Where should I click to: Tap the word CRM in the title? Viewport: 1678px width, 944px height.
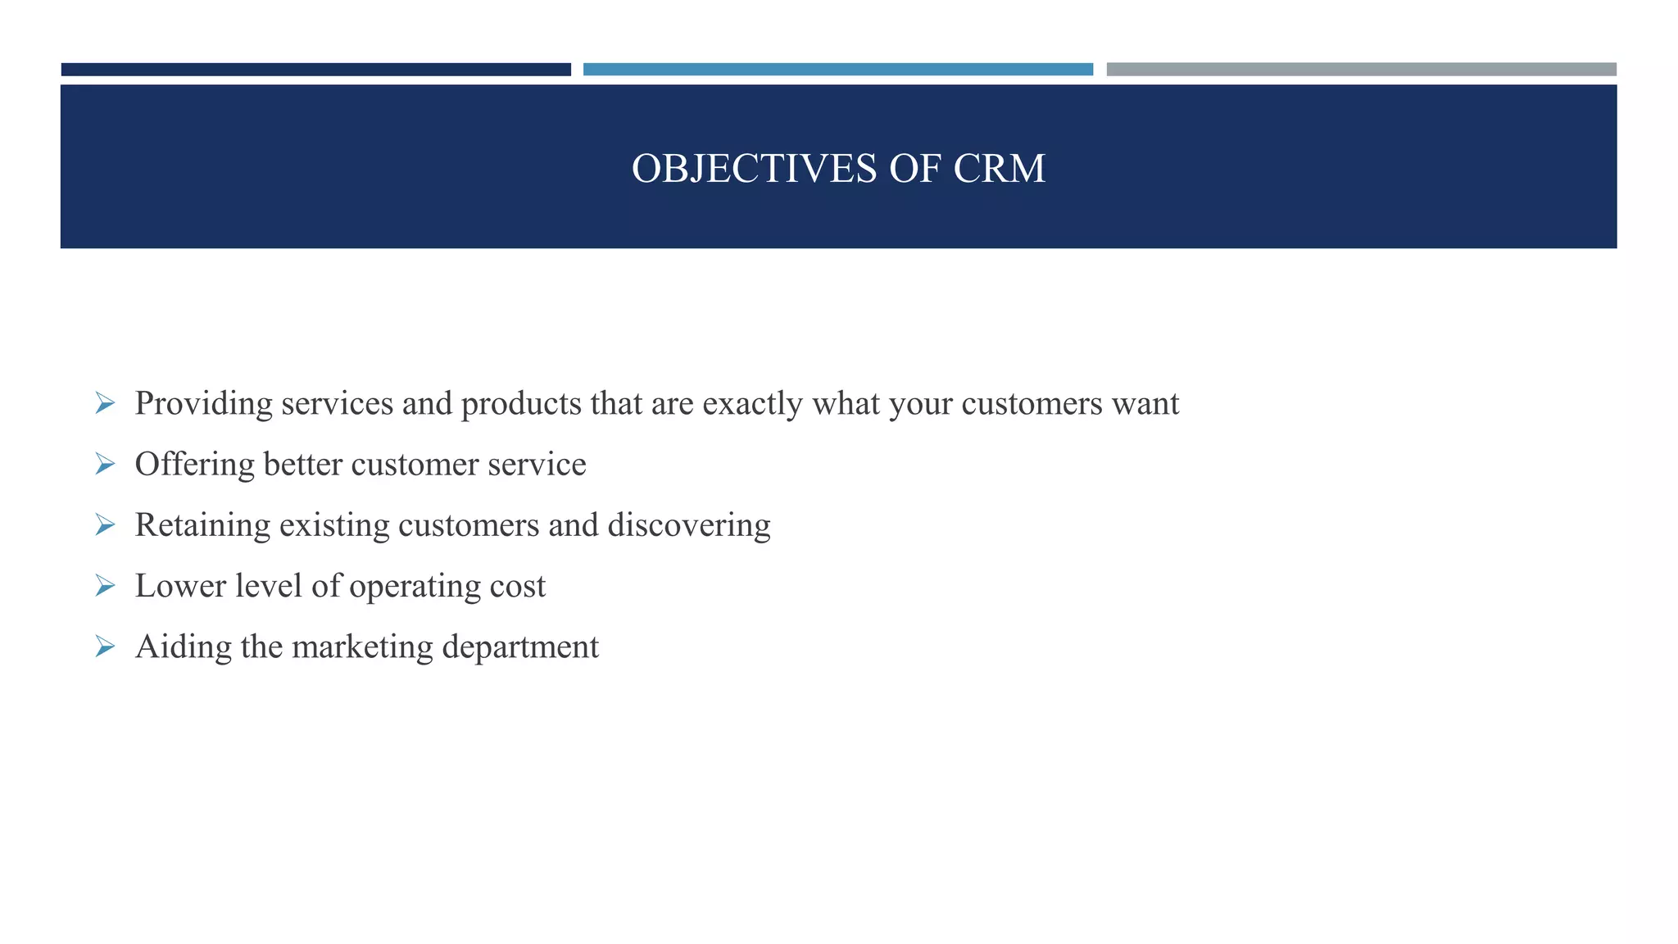pyautogui.click(x=999, y=169)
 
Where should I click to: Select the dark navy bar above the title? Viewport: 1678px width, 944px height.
pyautogui.click(x=315, y=70)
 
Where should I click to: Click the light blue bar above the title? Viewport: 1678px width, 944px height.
pyautogui.click(x=837, y=70)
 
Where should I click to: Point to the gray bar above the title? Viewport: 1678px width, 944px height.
pyautogui.click(x=1361, y=70)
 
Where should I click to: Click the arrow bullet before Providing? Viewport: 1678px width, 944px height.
pyautogui.click(x=105, y=403)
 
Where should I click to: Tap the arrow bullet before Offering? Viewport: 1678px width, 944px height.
pyautogui.click(x=105, y=464)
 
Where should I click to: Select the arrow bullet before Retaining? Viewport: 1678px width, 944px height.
pyautogui.click(x=105, y=524)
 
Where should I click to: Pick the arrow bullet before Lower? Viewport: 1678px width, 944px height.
pyautogui.click(x=105, y=586)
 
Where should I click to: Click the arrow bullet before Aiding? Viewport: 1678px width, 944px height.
pyautogui.click(x=105, y=647)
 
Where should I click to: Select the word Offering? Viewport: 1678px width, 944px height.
pyautogui.click(x=194, y=465)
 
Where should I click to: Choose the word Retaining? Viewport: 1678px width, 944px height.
pyautogui.click(x=202, y=525)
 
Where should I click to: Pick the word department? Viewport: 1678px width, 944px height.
pyautogui.click(x=520, y=647)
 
